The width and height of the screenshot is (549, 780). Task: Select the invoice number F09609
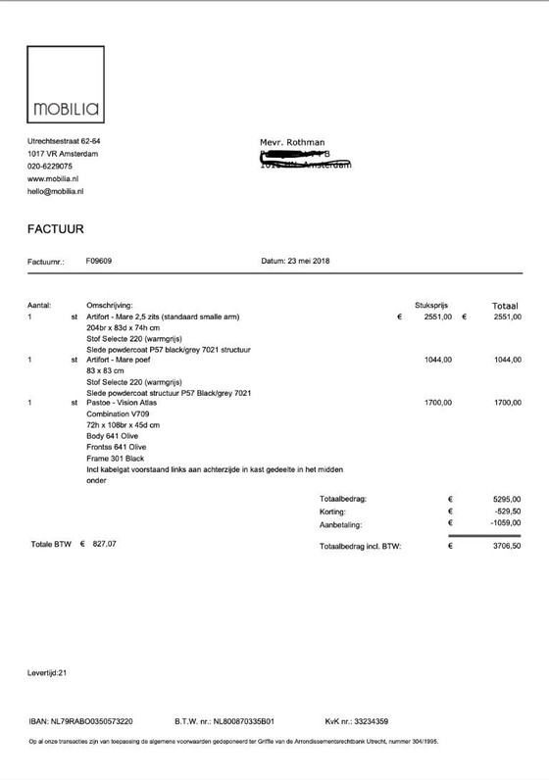point(99,262)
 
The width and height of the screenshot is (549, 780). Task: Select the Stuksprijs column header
point(432,305)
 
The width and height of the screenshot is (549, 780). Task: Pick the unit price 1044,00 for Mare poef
point(438,360)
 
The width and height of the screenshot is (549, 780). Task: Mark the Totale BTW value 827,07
point(108,543)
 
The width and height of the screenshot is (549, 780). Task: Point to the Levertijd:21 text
point(47,673)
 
